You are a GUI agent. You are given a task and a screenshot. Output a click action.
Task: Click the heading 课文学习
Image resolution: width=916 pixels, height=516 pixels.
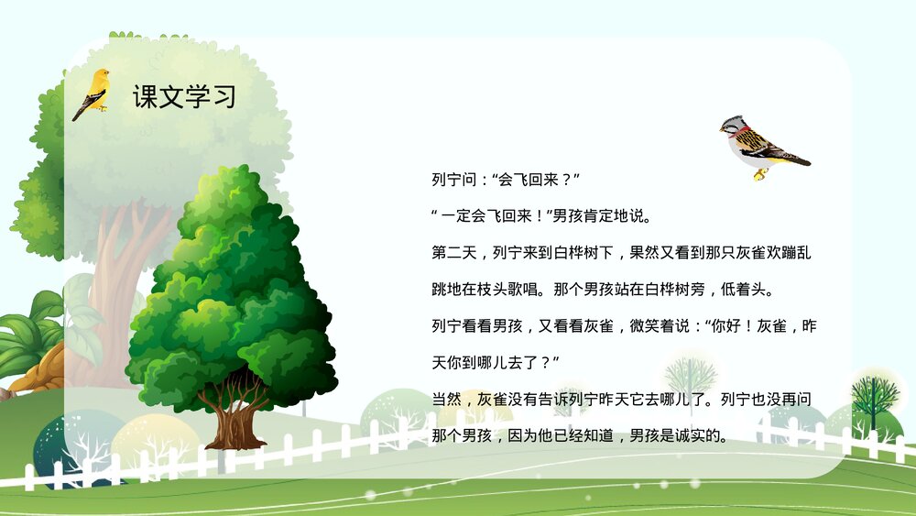(183, 97)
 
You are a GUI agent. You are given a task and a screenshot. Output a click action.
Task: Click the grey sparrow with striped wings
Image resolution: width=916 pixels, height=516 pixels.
(760, 144)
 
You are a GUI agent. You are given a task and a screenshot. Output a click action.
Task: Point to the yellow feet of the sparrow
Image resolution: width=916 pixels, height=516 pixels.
(759, 172)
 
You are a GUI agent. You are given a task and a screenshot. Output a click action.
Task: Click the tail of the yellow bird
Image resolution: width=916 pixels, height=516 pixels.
(79, 114)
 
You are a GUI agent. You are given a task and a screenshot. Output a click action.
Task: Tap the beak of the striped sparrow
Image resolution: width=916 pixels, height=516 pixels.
(722, 128)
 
